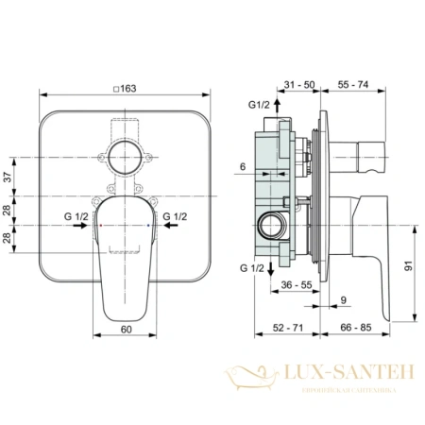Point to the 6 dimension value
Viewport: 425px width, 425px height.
[x=242, y=167]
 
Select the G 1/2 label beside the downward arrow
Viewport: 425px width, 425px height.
[x=250, y=269]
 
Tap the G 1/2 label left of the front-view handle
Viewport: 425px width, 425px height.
[x=77, y=218]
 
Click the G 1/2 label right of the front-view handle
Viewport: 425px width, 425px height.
[x=175, y=218]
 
